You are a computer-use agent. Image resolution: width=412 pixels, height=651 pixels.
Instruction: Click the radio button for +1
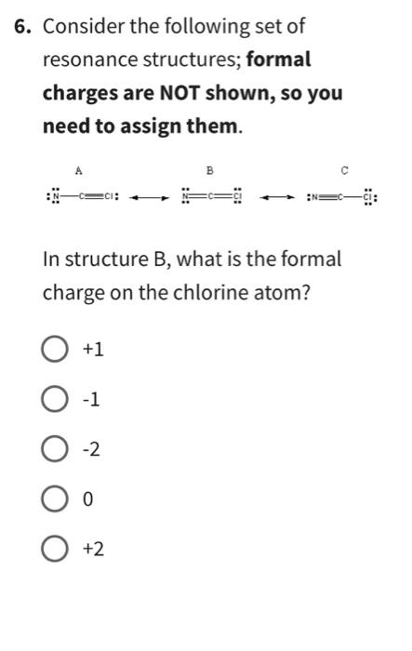click(55, 350)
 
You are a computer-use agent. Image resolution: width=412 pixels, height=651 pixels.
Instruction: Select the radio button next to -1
click(55, 400)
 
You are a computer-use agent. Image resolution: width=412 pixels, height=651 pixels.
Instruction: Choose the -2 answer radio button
click(55, 450)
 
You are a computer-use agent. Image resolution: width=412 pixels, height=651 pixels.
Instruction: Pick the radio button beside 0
click(55, 500)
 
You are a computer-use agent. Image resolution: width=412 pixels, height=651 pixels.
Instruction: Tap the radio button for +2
click(55, 551)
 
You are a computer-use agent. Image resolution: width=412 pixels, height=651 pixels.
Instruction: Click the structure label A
click(79, 171)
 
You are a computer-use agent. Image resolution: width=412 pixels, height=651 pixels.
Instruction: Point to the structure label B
click(210, 171)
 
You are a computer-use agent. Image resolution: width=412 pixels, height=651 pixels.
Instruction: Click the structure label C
click(344, 171)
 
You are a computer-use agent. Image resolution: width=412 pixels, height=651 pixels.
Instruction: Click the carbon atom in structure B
click(211, 197)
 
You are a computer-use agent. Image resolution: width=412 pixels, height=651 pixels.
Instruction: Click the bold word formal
click(279, 60)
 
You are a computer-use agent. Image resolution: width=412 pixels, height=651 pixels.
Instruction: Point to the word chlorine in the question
click(177, 292)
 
